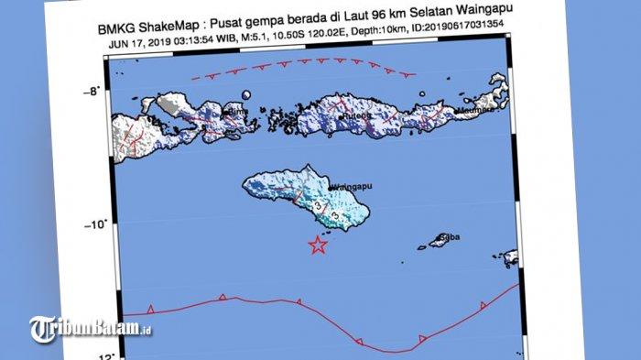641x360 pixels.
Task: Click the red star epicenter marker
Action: (x=318, y=245)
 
